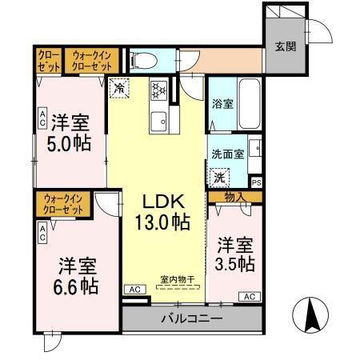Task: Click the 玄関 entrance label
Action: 286,46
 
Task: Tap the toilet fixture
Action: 144,58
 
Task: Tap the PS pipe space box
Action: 255,182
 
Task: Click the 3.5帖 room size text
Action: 234,262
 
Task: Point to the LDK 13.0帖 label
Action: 166,211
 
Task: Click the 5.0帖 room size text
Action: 70,143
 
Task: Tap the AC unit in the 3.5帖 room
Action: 248,296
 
